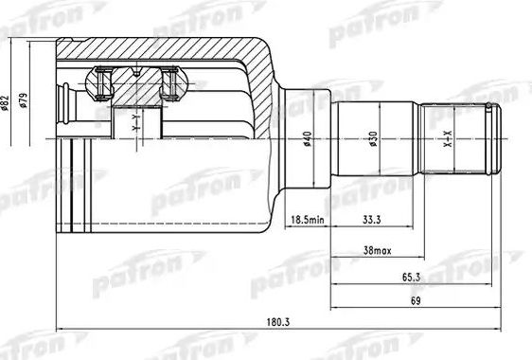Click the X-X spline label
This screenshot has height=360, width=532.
pos(449,142)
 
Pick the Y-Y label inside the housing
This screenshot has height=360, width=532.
pos(135,120)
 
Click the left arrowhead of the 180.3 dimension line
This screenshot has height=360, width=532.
pos(62,330)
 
